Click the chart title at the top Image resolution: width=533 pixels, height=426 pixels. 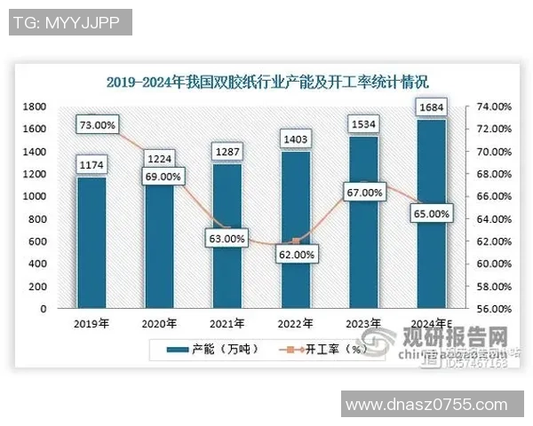pos(266,83)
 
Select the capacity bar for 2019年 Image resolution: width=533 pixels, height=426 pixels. pos(91,244)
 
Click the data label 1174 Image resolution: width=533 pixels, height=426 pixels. pos(91,164)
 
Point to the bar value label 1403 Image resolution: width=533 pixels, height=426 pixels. pos(296,138)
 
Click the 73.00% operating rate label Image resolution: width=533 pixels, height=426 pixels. pos(96,126)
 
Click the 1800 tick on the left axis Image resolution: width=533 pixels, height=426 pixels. pos(35,106)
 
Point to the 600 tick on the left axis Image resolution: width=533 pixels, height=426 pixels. pos(38,241)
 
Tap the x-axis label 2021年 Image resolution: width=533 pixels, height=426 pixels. pos(227,323)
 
